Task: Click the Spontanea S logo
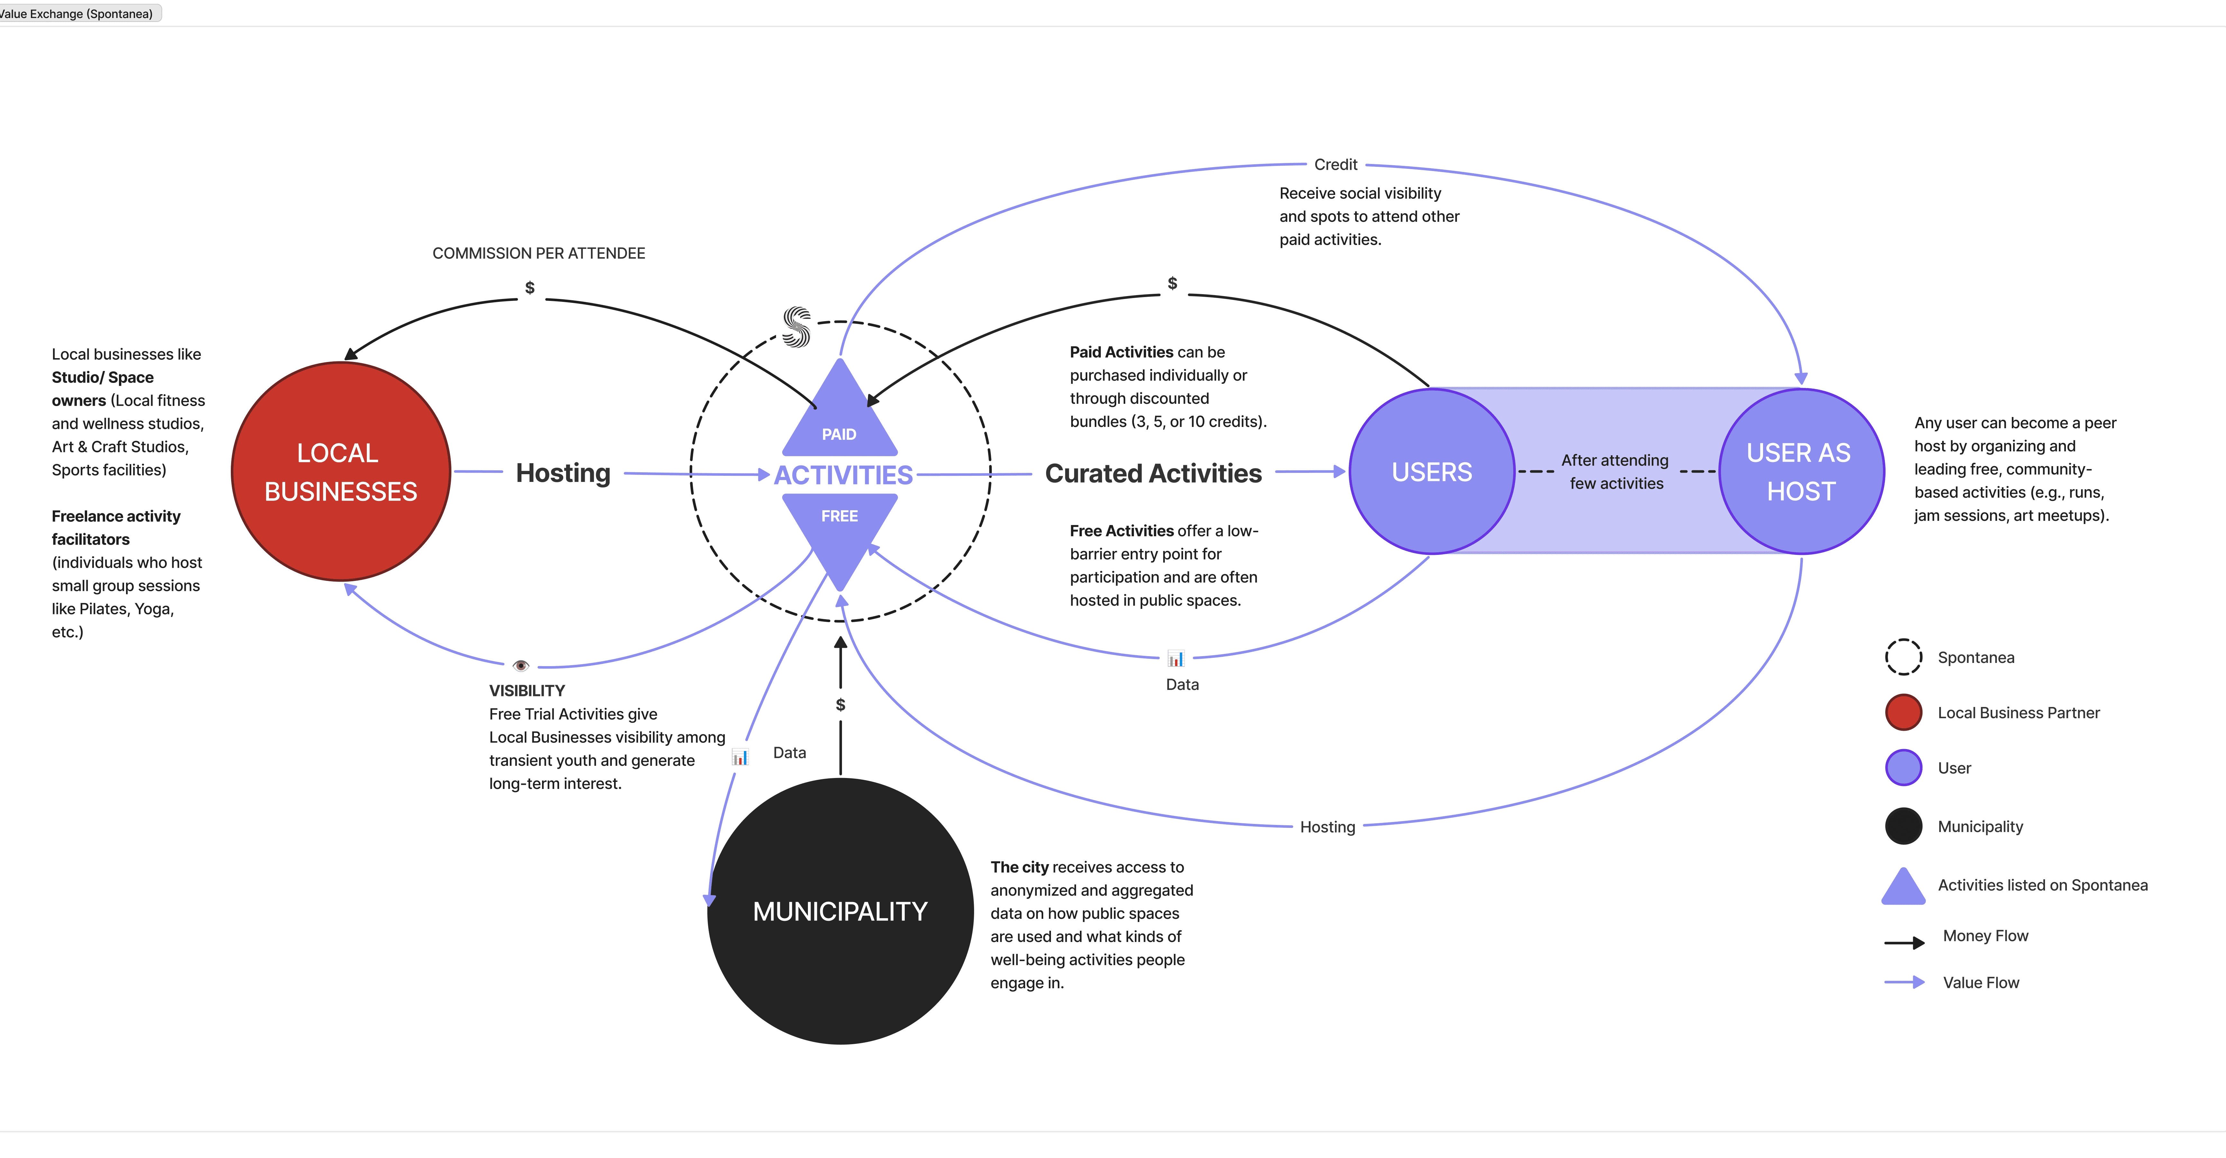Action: [796, 327]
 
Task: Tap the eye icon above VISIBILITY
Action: [520, 665]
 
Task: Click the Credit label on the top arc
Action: [1335, 164]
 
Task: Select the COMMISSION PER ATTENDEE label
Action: [538, 253]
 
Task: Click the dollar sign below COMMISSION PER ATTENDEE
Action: [530, 288]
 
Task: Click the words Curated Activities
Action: [1153, 474]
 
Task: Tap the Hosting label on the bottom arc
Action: [1327, 827]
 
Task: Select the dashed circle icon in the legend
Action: [1903, 657]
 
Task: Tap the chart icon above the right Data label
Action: [1175, 659]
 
